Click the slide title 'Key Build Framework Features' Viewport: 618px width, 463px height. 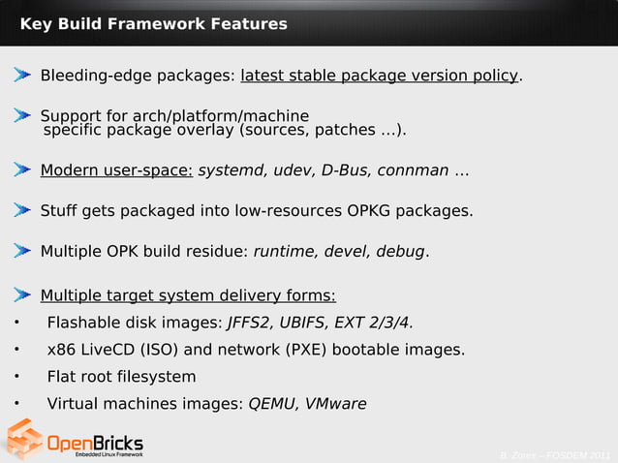pyautogui.click(x=153, y=23)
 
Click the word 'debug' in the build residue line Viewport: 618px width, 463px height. pyautogui.click(x=400, y=252)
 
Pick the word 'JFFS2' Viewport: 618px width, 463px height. pyautogui.click(x=249, y=323)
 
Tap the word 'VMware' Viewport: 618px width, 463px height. pyautogui.click(x=335, y=404)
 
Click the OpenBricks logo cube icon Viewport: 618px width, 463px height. pyautogui.click(x=24, y=439)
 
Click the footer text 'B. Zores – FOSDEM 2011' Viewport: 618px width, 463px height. pyautogui.click(x=555, y=455)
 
